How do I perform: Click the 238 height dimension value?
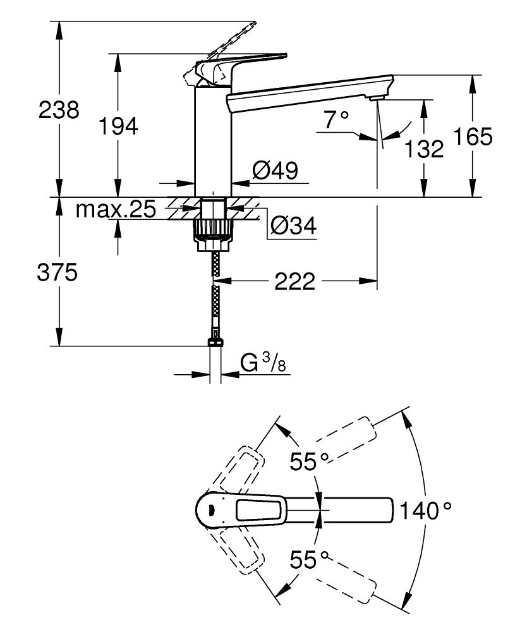59,110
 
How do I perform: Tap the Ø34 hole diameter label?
293,225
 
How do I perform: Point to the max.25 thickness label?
115,210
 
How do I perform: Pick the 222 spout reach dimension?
294,282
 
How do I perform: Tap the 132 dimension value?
423,149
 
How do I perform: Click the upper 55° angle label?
310,462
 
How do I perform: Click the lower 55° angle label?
310,560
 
